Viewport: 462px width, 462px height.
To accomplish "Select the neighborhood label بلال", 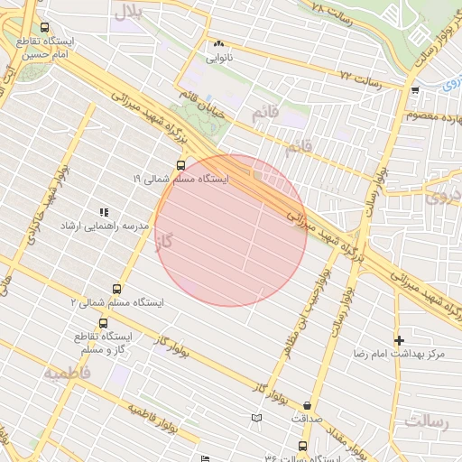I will pyautogui.click(x=127, y=12).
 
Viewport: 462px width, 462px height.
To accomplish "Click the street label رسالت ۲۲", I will pyautogui.click(x=362, y=79).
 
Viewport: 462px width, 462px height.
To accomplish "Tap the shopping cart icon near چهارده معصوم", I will pyautogui.click(x=414, y=90).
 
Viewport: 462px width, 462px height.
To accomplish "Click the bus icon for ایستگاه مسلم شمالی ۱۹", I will pyautogui.click(x=181, y=165).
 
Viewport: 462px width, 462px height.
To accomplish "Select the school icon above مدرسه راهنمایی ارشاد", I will pyautogui.click(x=105, y=211).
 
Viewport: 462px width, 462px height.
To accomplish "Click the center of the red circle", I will pyautogui.click(x=231, y=231).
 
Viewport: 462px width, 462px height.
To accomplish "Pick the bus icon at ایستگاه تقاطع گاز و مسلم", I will pyautogui.click(x=102, y=323).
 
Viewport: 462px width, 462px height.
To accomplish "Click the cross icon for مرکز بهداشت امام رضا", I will pyautogui.click(x=399, y=340).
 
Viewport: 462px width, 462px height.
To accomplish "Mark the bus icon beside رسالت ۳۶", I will pyautogui.click(x=301, y=446).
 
